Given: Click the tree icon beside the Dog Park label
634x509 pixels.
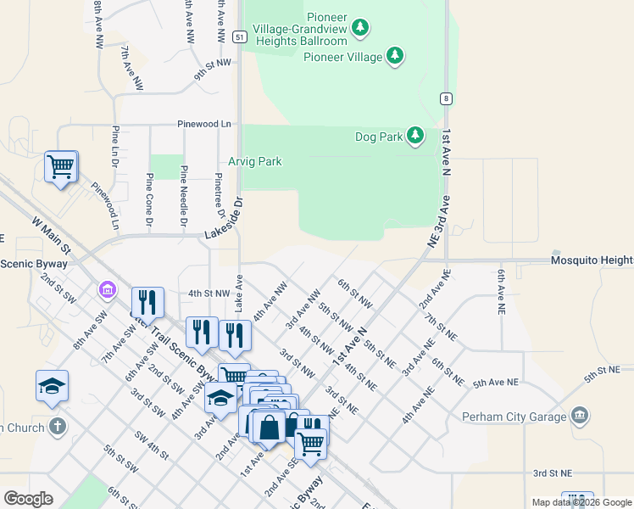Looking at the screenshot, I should click(x=414, y=136).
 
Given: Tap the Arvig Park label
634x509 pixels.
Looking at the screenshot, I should click(x=254, y=161).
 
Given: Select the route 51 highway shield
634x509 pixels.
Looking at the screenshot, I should click(x=241, y=37).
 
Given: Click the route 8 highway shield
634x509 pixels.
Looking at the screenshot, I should click(x=445, y=98).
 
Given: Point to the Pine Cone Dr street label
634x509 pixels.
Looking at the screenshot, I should click(x=149, y=200).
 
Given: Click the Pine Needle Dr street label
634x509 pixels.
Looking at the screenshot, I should click(x=183, y=197).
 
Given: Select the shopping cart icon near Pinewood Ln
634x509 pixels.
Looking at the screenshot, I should click(x=61, y=167).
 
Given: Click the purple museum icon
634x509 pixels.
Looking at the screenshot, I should click(x=108, y=291).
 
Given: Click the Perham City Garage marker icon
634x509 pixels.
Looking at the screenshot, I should click(x=580, y=415).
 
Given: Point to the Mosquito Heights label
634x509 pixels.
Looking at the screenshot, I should click(x=592, y=260).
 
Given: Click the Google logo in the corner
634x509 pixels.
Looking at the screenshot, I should click(x=28, y=499).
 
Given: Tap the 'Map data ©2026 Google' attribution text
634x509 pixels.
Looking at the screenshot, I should click(x=581, y=502).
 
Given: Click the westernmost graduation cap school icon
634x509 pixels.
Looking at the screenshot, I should click(x=52, y=386).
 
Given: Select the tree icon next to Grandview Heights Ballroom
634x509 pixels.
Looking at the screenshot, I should click(x=361, y=29).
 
